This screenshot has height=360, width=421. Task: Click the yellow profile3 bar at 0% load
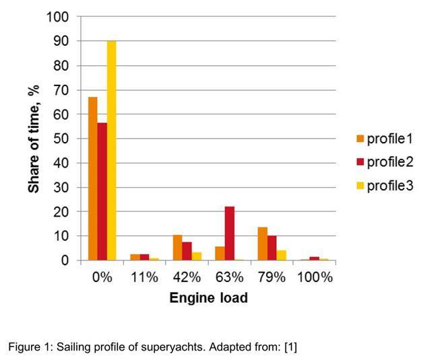click(112, 151)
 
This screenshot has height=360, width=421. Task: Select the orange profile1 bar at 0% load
click(93, 179)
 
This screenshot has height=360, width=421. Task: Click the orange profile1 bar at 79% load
click(263, 244)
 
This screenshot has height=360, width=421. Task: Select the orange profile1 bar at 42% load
click(178, 248)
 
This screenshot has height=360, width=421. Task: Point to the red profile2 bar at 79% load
click(272, 248)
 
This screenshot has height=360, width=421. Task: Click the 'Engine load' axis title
click(208, 297)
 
